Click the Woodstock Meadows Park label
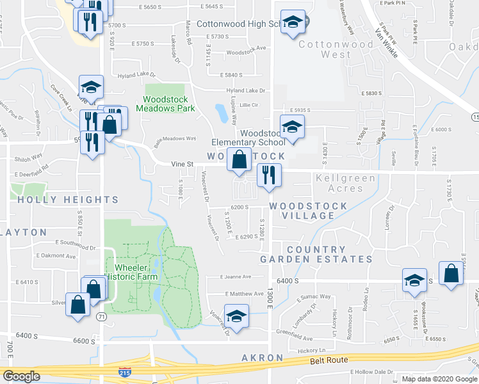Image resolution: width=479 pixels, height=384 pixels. click(169, 104)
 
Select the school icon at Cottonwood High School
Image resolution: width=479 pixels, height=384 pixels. click(293, 22)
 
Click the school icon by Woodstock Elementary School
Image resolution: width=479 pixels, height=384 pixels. click(292, 127)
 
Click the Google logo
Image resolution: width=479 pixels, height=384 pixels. click(21, 376)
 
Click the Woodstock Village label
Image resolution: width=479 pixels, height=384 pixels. click(309, 211)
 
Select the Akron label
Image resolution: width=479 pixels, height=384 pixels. click(262, 357)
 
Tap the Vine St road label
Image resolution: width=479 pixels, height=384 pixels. click(183, 164)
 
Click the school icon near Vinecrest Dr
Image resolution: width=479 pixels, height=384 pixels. click(236, 317)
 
